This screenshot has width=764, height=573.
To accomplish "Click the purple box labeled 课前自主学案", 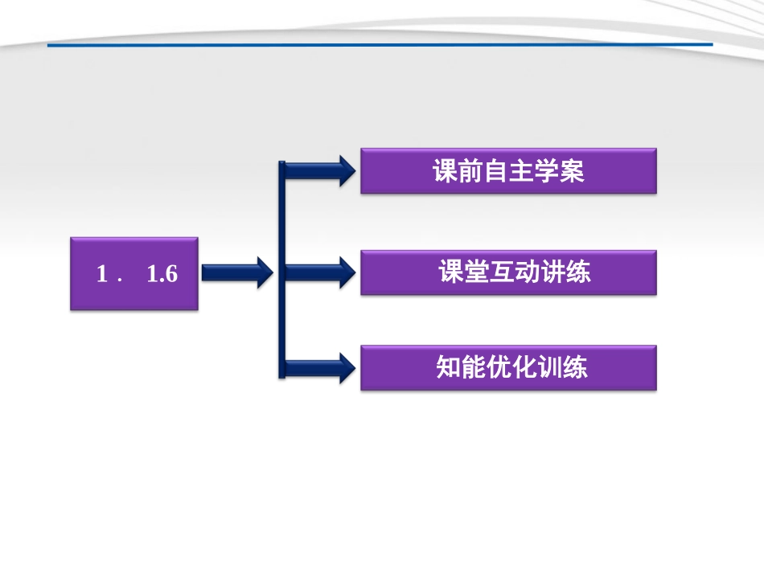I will pos(508,170).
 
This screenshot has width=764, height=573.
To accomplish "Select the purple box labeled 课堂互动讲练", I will pos(508,272).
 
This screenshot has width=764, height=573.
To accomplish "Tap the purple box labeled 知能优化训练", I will pos(508,368).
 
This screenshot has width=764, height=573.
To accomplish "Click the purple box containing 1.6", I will pos(134,273).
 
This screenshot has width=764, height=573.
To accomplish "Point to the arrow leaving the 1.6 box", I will pos(236,273).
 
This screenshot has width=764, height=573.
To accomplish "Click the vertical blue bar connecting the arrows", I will pos(281,269).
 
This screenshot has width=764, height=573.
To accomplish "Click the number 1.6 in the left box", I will pos(163,274).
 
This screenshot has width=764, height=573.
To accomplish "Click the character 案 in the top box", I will pos(572,172).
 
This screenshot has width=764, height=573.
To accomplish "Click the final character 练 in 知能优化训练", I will pos(574,368).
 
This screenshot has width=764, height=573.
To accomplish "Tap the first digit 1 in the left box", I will pos(102,274).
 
